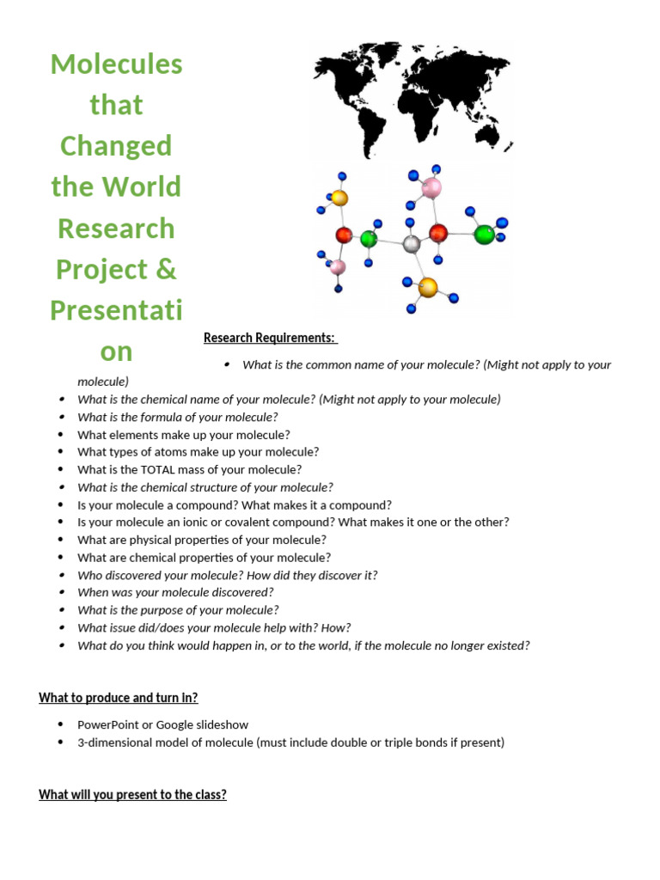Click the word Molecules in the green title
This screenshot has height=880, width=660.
pos(117,64)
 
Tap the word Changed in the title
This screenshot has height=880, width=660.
pos(116,146)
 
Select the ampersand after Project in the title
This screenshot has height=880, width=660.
pos(167,269)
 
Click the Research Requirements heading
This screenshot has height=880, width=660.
pos(270,338)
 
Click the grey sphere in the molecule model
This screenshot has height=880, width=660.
pos(412,245)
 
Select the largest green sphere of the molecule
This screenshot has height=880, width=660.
pos(484,234)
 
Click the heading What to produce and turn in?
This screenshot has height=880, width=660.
pos(119,697)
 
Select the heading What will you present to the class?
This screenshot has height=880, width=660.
pos(132,795)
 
